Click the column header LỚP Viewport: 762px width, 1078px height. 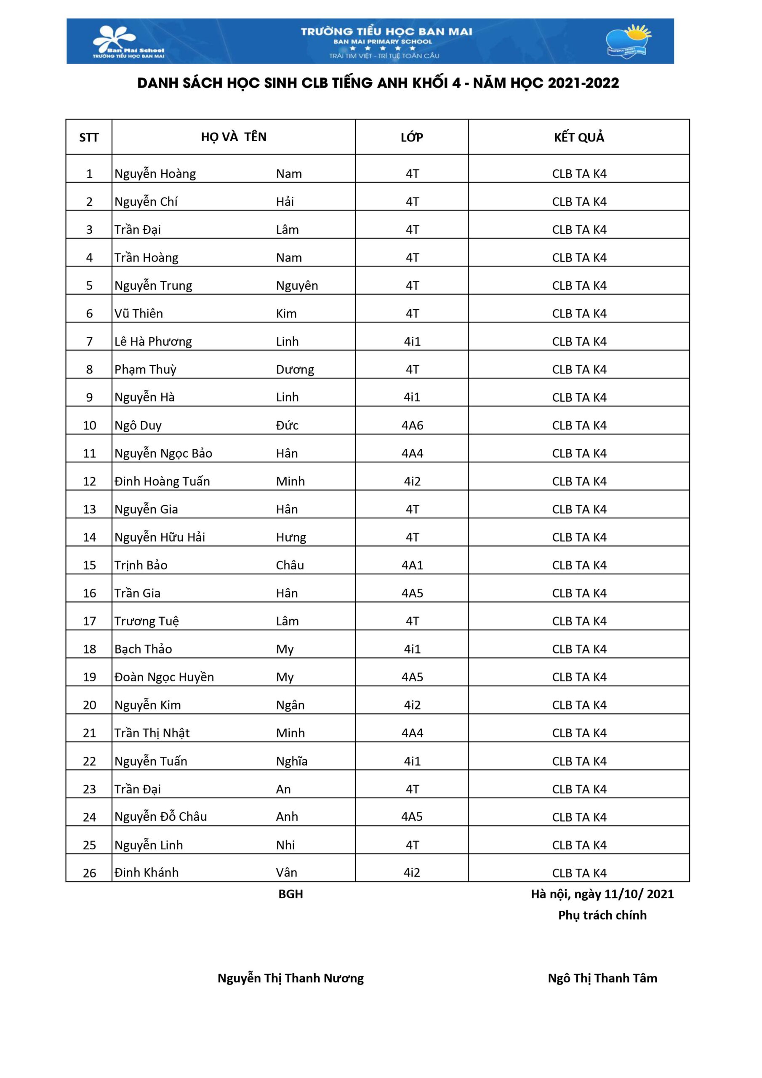(412, 137)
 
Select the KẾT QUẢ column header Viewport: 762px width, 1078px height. (579, 137)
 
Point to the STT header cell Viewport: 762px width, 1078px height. (89, 138)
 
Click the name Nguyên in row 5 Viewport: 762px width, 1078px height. (297, 286)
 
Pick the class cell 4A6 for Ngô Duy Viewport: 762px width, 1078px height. (412, 425)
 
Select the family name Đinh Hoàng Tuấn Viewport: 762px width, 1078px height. (162, 481)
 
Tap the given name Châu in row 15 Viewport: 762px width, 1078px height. (290, 565)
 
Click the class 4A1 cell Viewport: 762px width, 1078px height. (412, 565)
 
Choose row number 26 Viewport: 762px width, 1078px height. (89, 873)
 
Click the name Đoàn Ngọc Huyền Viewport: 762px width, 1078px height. (164, 677)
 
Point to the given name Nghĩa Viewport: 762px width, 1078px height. (292, 761)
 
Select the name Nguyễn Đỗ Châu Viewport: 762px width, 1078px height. (160, 817)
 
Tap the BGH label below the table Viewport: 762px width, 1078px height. (290, 894)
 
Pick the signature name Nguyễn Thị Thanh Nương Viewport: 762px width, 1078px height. (290, 978)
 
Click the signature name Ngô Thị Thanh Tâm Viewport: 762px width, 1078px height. (602, 978)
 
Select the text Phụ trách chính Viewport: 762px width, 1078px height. (602, 915)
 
